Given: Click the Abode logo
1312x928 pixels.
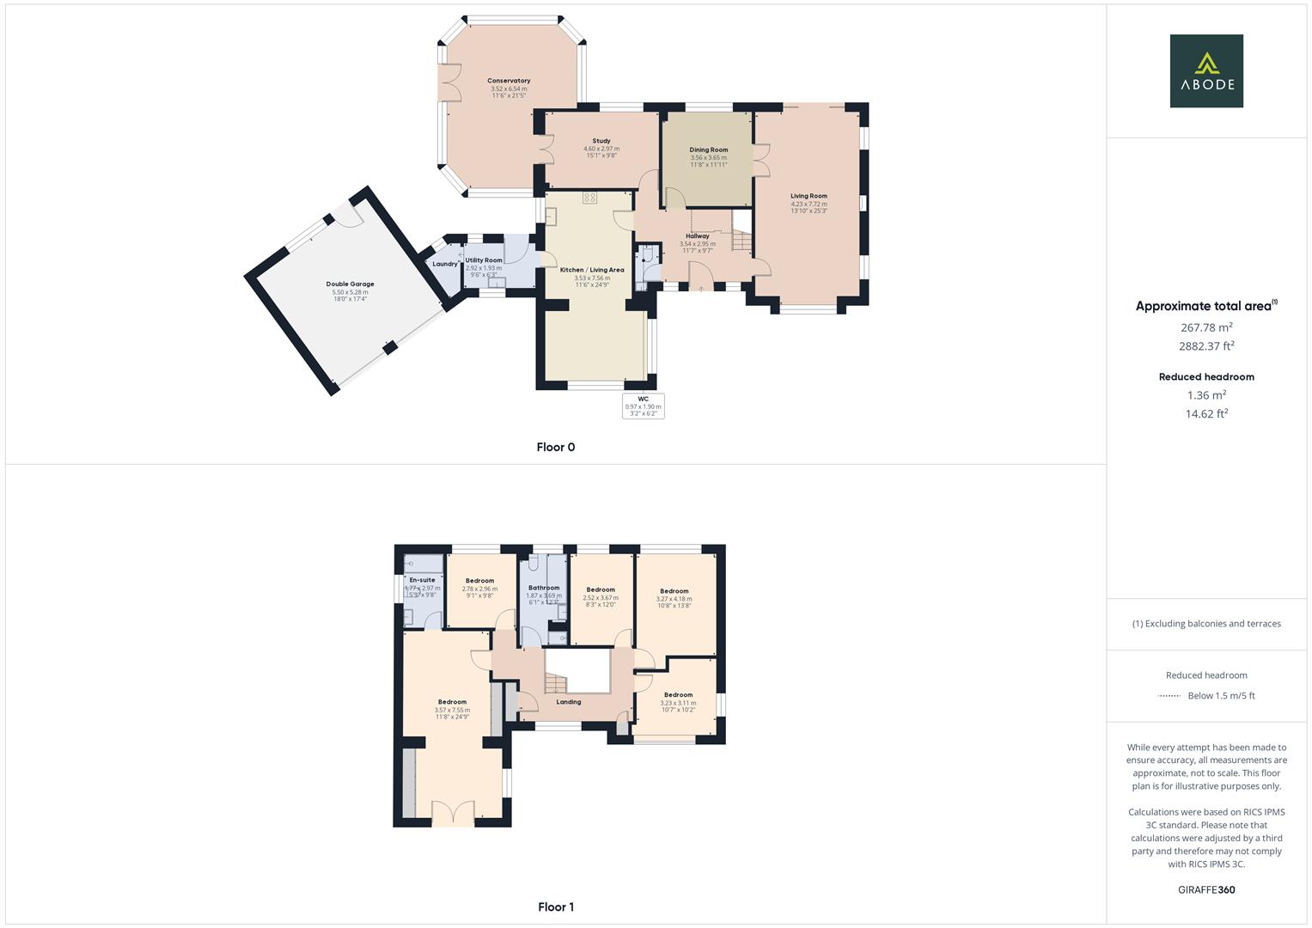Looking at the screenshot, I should click(1205, 70).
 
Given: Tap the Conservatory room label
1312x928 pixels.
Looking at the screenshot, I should click(509, 81).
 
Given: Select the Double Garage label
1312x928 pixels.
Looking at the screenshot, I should click(350, 284).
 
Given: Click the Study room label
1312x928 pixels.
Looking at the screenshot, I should click(601, 141).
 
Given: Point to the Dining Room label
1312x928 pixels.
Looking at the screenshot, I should click(708, 150).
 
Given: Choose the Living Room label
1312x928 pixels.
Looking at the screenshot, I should click(809, 196).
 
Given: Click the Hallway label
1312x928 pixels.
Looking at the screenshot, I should click(697, 236).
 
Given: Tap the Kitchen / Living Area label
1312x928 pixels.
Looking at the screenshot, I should click(592, 270).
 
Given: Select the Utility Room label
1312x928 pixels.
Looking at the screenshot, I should click(484, 260).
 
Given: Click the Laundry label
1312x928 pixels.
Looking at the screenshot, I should click(444, 264).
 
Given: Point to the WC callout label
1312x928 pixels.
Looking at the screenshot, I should click(643, 400).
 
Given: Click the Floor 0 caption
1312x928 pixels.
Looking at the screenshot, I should click(555, 447).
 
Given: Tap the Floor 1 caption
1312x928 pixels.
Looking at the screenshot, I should click(555, 907).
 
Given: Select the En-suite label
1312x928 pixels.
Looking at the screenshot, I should click(422, 580).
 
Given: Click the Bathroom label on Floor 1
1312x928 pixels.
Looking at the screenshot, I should click(544, 588).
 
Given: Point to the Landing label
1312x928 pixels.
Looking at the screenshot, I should click(568, 702).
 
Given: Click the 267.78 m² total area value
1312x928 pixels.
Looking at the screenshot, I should click(1206, 327).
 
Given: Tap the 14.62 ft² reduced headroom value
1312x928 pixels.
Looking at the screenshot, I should click(1206, 413).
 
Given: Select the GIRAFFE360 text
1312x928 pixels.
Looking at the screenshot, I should click(1205, 890).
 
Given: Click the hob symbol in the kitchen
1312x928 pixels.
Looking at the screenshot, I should click(589, 198).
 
